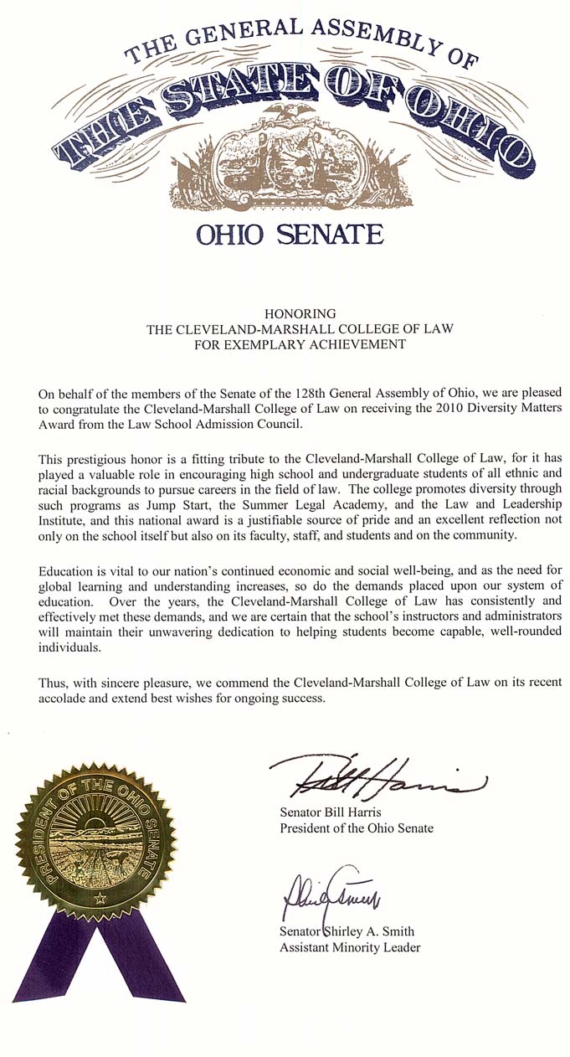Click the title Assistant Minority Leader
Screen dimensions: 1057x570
pyautogui.click(x=350, y=947)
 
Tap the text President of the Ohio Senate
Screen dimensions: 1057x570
pyautogui.click(x=357, y=828)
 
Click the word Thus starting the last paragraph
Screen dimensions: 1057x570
pyautogui.click(x=52, y=682)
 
